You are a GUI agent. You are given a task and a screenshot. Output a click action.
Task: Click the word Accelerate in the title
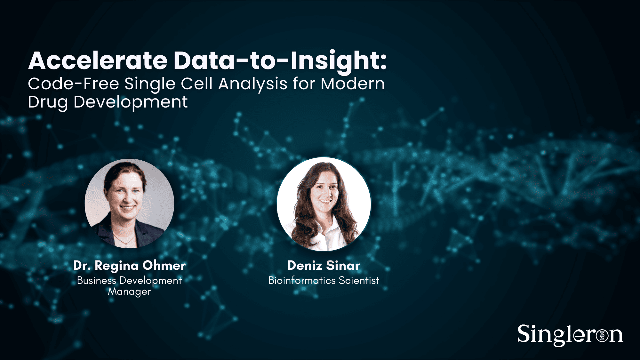tap(98, 61)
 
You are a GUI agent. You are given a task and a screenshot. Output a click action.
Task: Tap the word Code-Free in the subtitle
tap(74, 84)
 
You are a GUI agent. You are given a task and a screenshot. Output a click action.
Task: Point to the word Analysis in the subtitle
tap(253, 84)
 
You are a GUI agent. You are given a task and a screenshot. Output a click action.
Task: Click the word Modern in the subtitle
tap(353, 84)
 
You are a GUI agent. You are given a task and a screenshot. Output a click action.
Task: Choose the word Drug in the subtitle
tap(48, 102)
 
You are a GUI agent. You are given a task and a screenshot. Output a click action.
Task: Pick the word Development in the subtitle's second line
tap(131, 102)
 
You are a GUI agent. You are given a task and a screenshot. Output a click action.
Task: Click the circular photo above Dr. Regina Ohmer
tap(129, 203)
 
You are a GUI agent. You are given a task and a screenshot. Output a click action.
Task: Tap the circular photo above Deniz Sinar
tap(324, 204)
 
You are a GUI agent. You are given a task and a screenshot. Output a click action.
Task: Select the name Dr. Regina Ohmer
tap(129, 266)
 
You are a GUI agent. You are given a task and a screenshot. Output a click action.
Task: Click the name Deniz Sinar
tap(324, 266)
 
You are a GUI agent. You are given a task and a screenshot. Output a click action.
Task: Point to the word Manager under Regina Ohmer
tap(129, 292)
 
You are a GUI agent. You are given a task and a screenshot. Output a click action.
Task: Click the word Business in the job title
tap(96, 281)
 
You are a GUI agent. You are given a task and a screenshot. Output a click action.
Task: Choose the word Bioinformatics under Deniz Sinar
tap(302, 281)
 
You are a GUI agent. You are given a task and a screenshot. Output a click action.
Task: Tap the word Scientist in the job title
tap(359, 281)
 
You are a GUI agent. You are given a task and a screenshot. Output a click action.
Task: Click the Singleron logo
tap(570, 335)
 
